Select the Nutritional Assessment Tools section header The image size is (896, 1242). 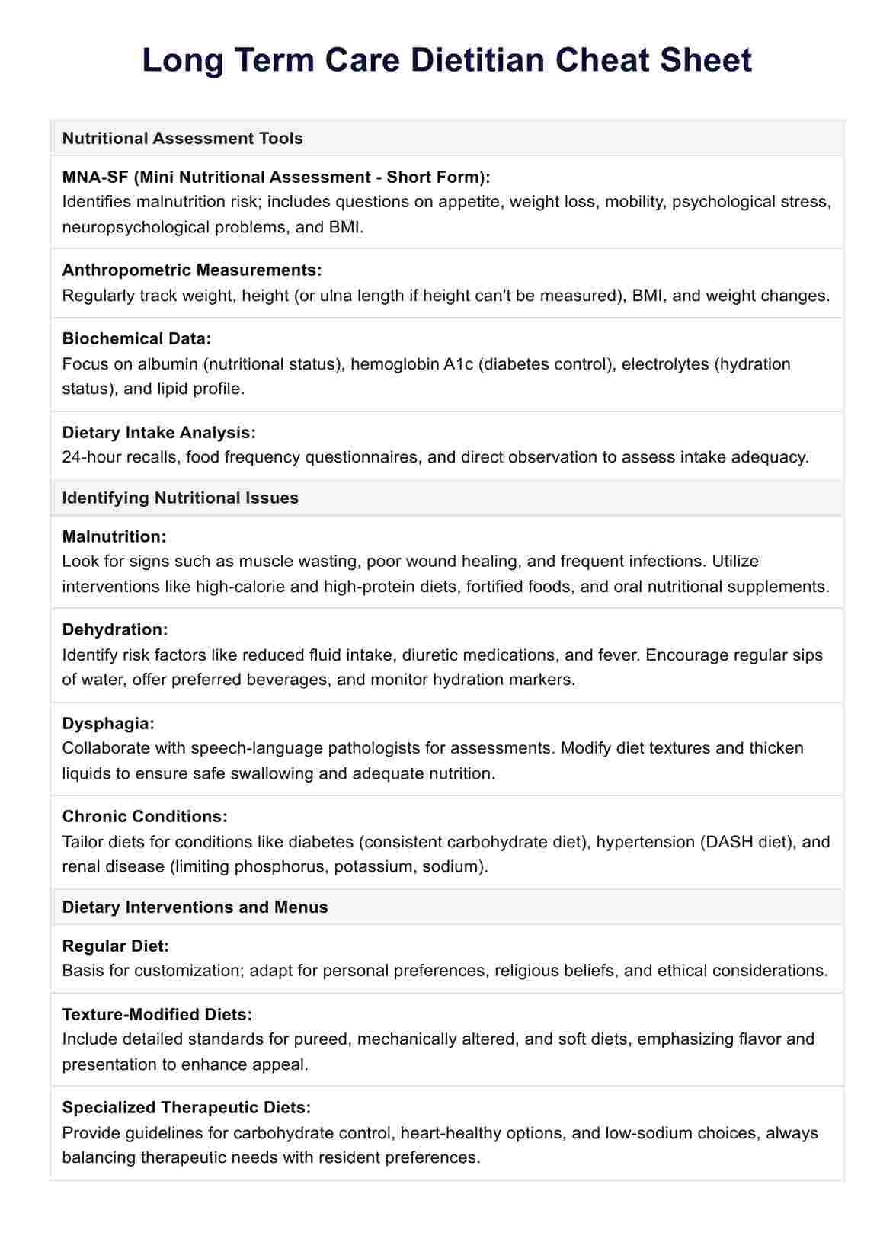[182, 138]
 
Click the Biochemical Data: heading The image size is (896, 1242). [136, 338]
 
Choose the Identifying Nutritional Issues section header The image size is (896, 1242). [180, 498]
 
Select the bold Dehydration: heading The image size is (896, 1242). [114, 629]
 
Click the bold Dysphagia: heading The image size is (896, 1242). [108, 723]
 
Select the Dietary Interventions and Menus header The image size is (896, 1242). [194, 907]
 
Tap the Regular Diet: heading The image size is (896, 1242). [115, 946]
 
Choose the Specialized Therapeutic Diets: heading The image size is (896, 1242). [186, 1107]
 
